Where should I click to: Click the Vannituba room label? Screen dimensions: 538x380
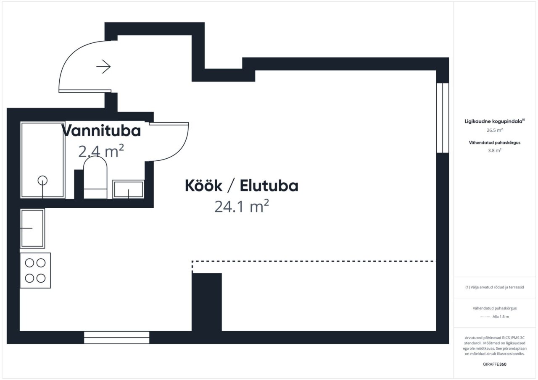(x=101, y=131)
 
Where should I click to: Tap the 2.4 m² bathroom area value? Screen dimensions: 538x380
(x=101, y=151)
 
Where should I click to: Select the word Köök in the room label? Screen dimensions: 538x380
(x=203, y=186)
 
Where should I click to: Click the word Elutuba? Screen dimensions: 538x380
(x=269, y=186)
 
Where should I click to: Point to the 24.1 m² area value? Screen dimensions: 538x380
(x=241, y=206)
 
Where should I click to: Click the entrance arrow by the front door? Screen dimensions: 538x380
(x=103, y=66)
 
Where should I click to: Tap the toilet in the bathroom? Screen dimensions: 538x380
(x=95, y=177)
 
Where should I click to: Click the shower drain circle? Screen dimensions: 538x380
(x=42, y=181)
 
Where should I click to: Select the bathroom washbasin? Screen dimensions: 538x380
(x=129, y=189)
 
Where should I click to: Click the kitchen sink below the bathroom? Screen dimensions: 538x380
(x=32, y=228)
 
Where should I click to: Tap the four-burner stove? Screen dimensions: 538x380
(x=35, y=270)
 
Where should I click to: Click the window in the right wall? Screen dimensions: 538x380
(x=443, y=118)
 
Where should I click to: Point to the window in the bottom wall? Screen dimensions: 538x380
(x=116, y=337)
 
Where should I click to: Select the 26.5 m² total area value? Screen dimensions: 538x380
(x=495, y=130)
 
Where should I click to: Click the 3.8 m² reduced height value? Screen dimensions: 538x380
(x=495, y=150)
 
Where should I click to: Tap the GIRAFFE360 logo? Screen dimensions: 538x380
(x=495, y=364)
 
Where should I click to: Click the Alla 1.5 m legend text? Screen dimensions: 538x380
(x=501, y=317)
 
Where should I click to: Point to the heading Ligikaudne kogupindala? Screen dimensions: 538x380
(x=493, y=121)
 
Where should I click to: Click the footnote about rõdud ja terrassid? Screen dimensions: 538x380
(x=495, y=287)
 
